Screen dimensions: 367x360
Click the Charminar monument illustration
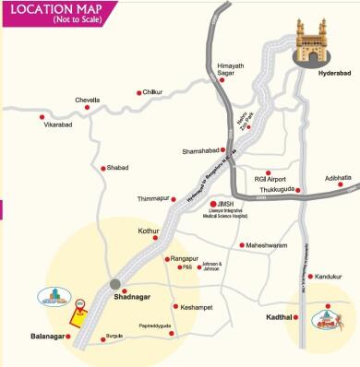318,42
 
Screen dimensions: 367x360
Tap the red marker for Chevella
88,108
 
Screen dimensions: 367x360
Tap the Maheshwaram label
270,245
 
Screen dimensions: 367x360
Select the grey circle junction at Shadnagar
114,283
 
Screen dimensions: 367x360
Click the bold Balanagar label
48,337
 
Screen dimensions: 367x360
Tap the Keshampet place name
198,306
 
